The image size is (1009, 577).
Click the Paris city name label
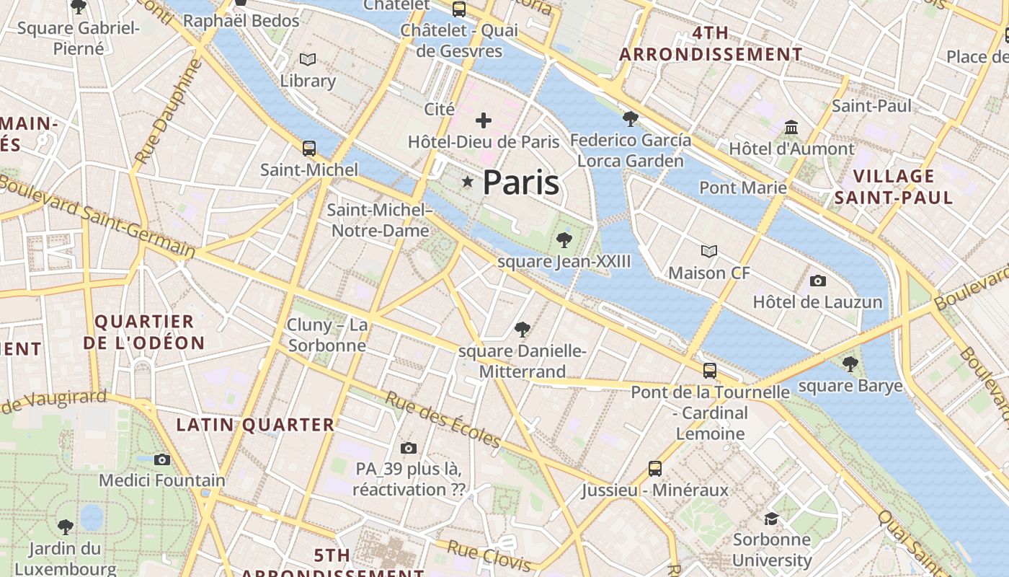click(x=520, y=182)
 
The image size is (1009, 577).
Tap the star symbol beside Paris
click(x=468, y=182)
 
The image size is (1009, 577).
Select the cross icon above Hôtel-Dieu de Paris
click(x=484, y=120)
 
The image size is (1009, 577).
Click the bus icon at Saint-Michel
click(x=309, y=149)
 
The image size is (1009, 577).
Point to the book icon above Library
click(x=308, y=59)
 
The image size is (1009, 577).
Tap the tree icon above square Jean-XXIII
click(x=564, y=239)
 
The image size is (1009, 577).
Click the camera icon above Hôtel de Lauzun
click(x=817, y=281)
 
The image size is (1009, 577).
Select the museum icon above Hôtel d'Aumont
click(x=792, y=127)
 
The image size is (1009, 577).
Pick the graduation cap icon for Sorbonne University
click(x=772, y=518)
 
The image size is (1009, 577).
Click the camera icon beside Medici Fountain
click(x=162, y=459)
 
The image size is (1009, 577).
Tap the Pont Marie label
click(x=743, y=188)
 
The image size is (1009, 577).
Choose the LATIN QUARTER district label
click(x=256, y=425)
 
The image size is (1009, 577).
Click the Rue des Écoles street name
click(x=443, y=418)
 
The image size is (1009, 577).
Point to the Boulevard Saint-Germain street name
click(x=97, y=217)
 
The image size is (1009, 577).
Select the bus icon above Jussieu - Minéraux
click(x=655, y=469)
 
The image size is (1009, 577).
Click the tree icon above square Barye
click(x=850, y=364)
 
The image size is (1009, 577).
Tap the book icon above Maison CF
click(x=709, y=251)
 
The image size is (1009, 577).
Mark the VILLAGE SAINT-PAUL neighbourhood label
click(x=894, y=187)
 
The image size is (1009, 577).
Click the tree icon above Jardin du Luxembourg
click(x=66, y=527)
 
